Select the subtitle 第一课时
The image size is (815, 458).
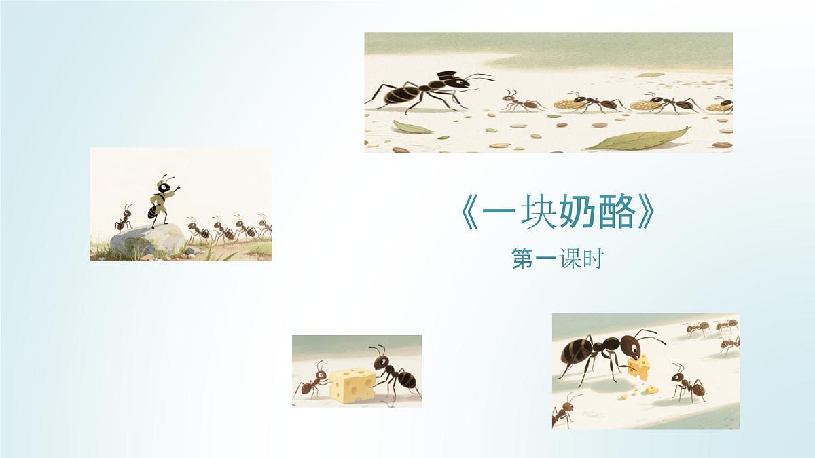tap(557, 260)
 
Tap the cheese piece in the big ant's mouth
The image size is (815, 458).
tap(638, 367)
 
